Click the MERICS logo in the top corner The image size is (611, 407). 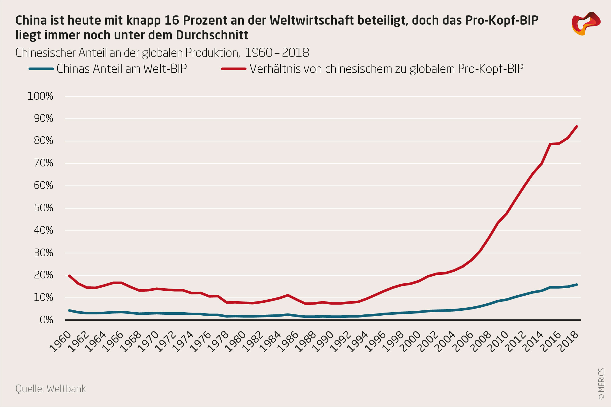tap(586, 24)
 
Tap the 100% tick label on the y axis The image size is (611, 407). tap(40, 96)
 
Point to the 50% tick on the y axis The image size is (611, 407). tap(43, 208)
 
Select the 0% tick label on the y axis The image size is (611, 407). tap(46, 320)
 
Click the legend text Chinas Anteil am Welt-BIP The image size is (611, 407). tap(122, 69)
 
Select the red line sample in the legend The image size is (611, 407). tap(234, 69)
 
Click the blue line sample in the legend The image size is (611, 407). tap(41, 69)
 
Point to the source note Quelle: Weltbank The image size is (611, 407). tap(51, 389)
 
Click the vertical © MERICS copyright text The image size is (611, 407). tap(601, 384)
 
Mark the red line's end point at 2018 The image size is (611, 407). tap(577, 126)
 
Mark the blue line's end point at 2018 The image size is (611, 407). tap(577, 285)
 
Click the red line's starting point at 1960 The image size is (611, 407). tap(69, 276)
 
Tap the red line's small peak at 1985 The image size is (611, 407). tap(287, 295)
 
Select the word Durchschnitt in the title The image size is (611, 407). tap(212, 35)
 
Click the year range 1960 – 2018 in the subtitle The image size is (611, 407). tap(277, 53)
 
